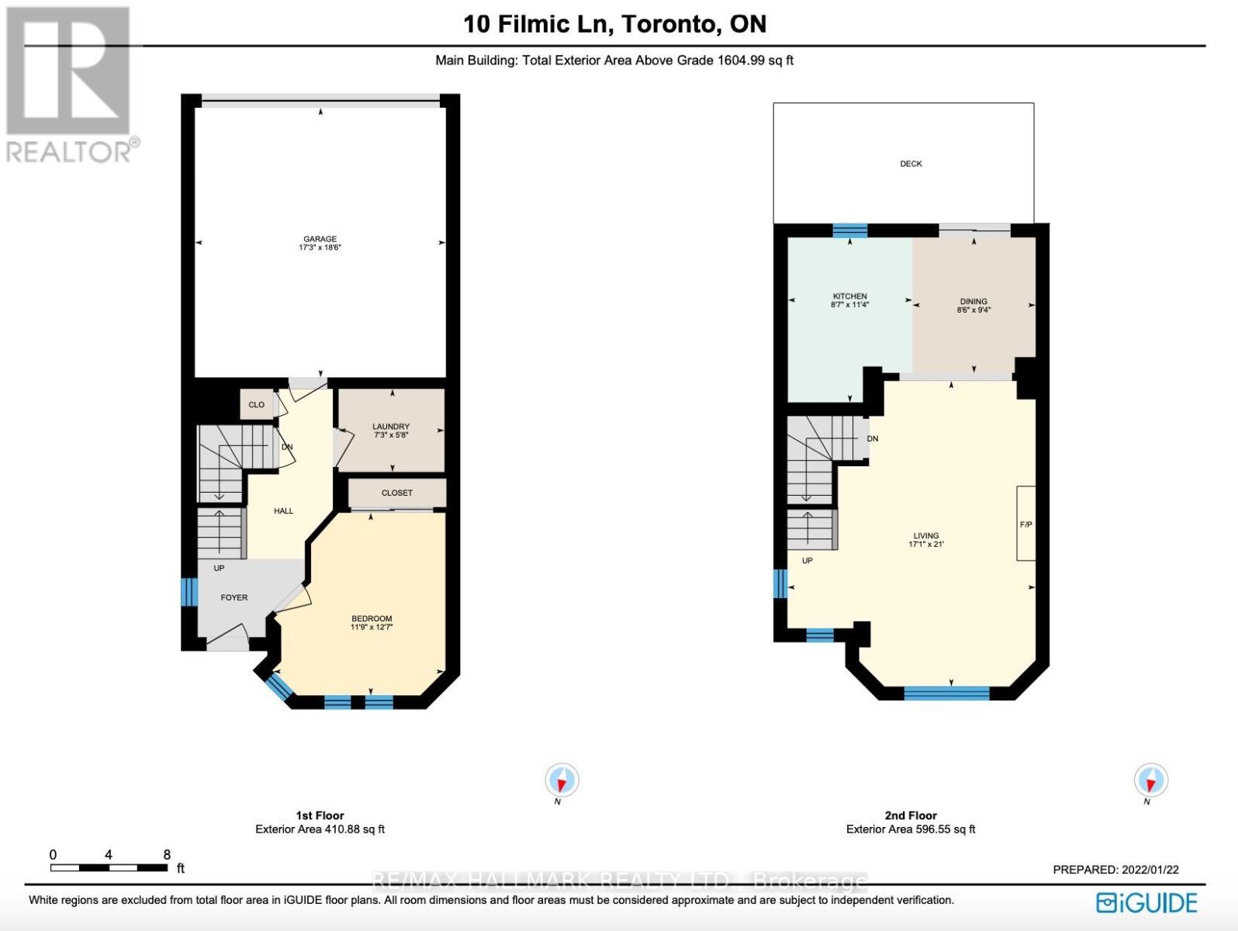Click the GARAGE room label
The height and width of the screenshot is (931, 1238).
click(320, 239)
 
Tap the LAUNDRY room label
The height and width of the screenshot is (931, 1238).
click(390, 427)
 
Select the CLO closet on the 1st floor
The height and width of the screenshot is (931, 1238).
click(256, 405)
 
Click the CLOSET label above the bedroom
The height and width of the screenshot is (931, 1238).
click(397, 493)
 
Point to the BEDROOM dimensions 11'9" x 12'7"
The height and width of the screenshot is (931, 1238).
click(372, 627)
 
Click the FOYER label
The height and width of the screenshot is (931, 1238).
click(234, 597)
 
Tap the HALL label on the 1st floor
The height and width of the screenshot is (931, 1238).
click(283, 510)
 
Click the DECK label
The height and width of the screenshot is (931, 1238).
click(911, 164)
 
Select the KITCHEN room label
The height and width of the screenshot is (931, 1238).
click(849, 296)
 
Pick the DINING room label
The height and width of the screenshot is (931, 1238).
click(973, 302)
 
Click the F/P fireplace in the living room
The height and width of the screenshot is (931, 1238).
click(1025, 524)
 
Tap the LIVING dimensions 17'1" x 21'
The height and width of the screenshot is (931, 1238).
click(926, 545)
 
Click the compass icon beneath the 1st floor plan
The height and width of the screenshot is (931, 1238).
click(562, 780)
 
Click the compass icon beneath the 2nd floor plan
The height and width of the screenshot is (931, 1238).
click(1150, 780)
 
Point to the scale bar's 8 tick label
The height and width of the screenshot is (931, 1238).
click(167, 854)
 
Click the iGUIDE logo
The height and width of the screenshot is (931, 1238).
click(1146, 903)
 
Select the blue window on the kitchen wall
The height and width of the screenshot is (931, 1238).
click(850, 230)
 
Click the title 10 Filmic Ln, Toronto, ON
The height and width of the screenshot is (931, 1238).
click(614, 24)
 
